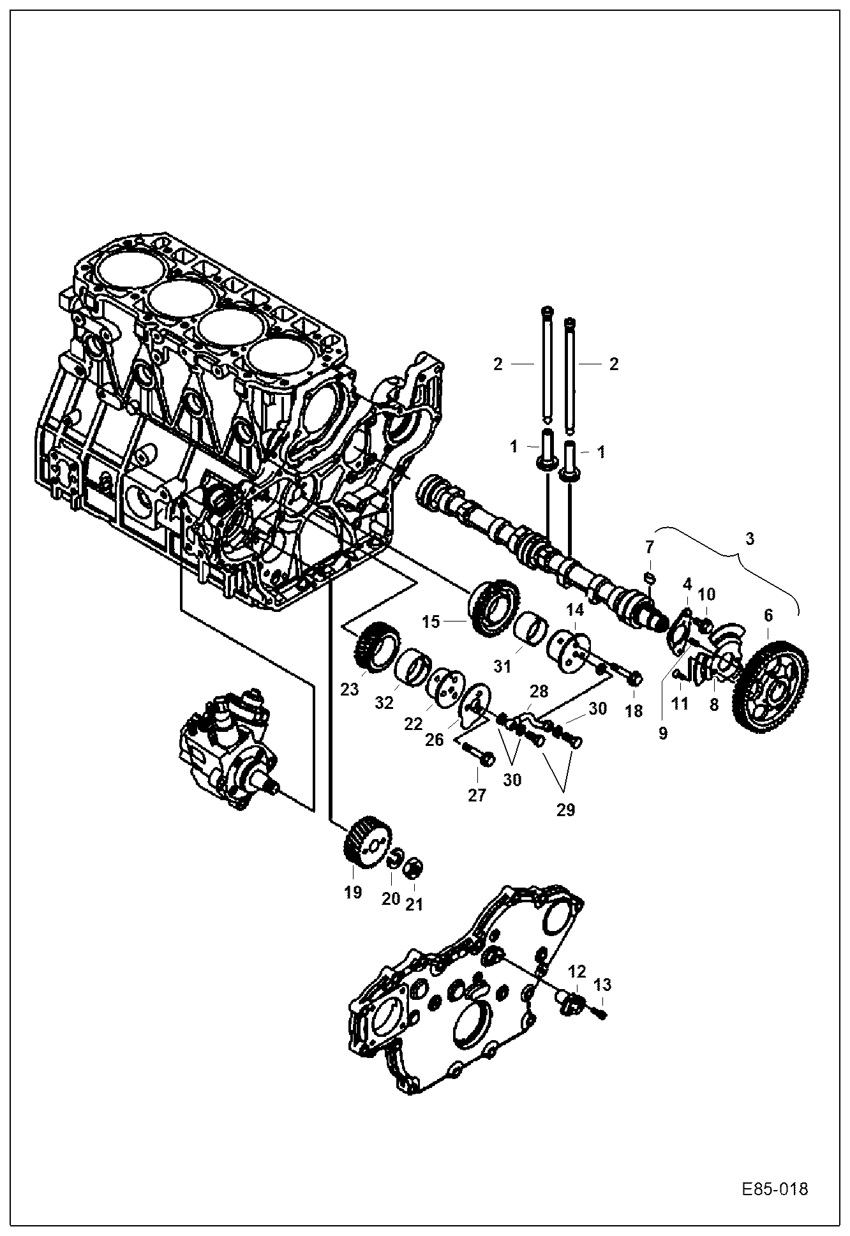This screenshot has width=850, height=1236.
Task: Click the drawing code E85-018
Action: pos(775,1189)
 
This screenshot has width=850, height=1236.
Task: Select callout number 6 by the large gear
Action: pos(768,615)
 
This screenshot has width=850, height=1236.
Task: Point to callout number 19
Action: pos(353,891)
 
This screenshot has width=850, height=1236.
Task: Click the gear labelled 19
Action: pos(362,842)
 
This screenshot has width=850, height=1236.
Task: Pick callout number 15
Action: pos(431,621)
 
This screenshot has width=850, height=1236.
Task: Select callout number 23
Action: pos(350,689)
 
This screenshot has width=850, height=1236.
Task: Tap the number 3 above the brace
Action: pos(750,539)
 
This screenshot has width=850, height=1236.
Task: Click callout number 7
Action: pos(650,547)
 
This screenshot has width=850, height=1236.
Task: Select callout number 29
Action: pos(565,810)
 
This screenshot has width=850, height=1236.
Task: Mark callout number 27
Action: pos(477,795)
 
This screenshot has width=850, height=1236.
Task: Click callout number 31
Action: pos(503,667)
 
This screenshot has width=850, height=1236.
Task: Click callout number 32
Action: pos(384,703)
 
